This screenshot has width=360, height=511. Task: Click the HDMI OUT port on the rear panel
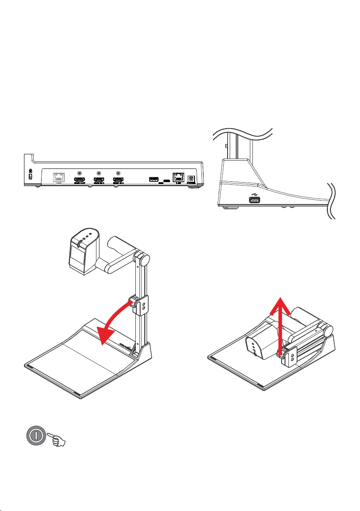pos(79,180)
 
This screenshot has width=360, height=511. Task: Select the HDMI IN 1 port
pos(99,180)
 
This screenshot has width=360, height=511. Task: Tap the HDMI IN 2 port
pos(118,180)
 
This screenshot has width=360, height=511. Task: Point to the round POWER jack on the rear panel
pos(192,179)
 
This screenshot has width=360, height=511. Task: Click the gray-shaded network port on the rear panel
pos(58,177)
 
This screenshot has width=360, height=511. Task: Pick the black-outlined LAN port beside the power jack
pos(177,177)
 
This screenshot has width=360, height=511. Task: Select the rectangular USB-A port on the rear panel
pos(153,179)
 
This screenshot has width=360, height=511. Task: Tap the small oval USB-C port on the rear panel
pos(166,180)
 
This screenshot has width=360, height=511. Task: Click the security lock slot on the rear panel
pos(30,176)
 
